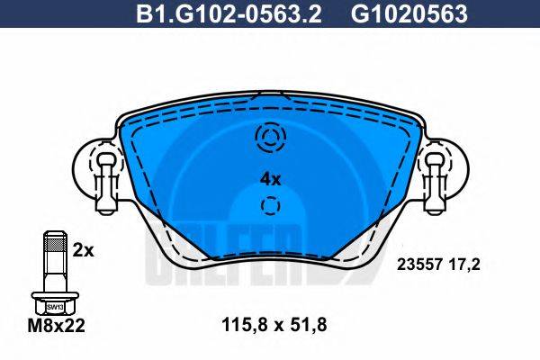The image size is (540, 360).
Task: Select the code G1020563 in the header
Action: [396, 13]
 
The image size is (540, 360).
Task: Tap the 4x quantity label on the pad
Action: [270, 179]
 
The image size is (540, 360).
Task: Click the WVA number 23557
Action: [417, 265]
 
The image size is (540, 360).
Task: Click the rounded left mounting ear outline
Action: [83, 171]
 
